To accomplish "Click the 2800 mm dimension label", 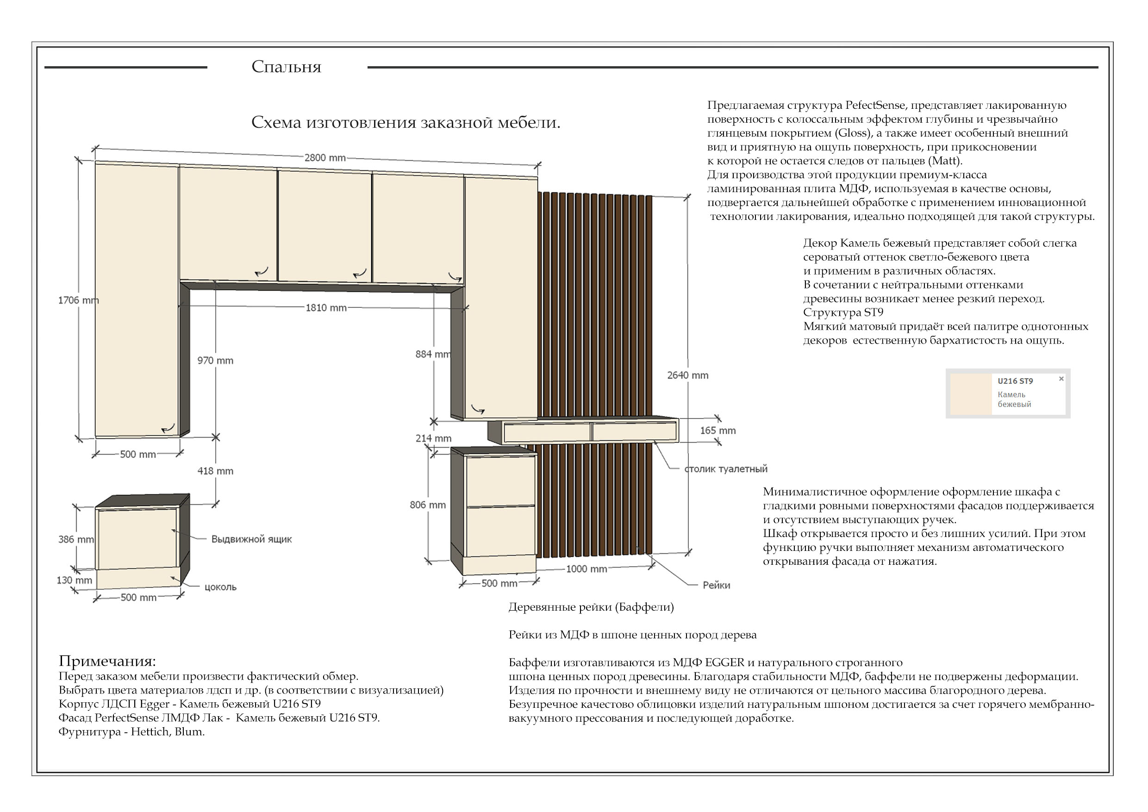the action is pyautogui.click(x=325, y=158).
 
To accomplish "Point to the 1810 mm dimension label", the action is pyautogui.click(x=326, y=308).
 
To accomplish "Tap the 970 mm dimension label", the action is pyautogui.click(x=215, y=361).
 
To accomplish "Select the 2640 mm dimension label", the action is pyautogui.click(x=687, y=375).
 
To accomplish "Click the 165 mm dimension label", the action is pyautogui.click(x=717, y=431).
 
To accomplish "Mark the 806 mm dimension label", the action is pyautogui.click(x=428, y=505).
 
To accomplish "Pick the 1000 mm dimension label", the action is pyautogui.click(x=586, y=569).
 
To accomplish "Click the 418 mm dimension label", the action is pyautogui.click(x=215, y=471).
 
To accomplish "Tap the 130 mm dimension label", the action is pyautogui.click(x=74, y=581).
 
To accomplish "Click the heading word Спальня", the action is pyautogui.click(x=286, y=67).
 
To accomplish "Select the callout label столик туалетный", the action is pyautogui.click(x=725, y=469).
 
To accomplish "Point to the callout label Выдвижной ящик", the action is pyautogui.click(x=251, y=539).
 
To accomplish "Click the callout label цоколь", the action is pyautogui.click(x=220, y=587).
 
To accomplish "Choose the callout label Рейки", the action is pyautogui.click(x=716, y=586).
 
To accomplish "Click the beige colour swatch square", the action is pyautogui.click(x=971, y=394).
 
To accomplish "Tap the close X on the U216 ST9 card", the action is pyautogui.click(x=1061, y=379).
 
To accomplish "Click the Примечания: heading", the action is pyautogui.click(x=107, y=661).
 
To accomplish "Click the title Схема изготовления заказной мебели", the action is pyautogui.click(x=406, y=123).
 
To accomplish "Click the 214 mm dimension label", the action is pyautogui.click(x=433, y=438).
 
